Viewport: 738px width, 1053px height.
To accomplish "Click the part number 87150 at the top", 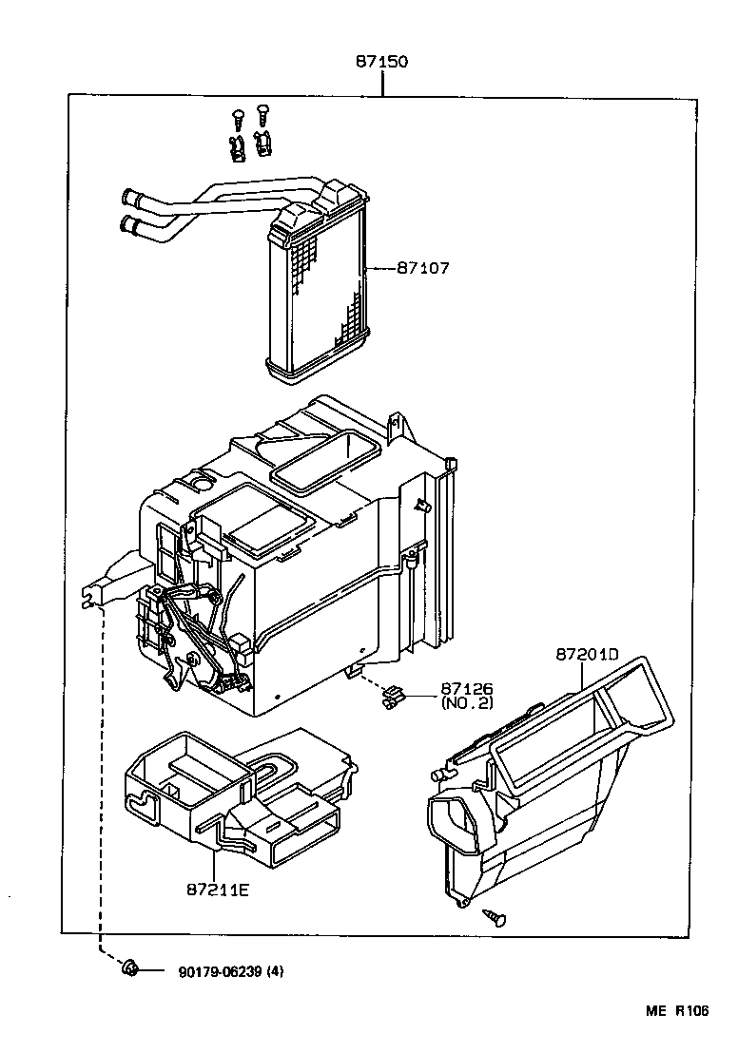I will pos(381,62).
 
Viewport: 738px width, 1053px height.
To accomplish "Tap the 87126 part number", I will pos(465,688).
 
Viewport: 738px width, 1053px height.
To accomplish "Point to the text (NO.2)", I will pos(466,703).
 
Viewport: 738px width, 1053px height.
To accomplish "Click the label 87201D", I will pos(587,655).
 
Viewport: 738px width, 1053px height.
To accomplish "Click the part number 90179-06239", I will pos(221,971).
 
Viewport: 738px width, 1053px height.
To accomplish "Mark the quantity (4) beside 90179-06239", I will pos(276,971).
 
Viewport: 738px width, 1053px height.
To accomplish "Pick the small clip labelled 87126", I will pos(390,702).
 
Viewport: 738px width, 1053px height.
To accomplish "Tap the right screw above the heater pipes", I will pos(262,111).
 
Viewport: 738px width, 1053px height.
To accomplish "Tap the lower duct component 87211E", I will pos(228,789).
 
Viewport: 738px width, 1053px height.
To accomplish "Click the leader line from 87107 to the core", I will pos(380,269).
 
